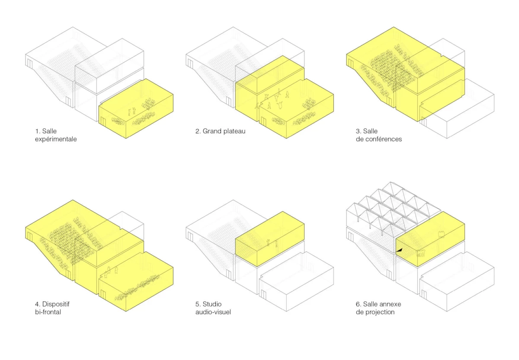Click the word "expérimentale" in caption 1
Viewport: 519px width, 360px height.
56,139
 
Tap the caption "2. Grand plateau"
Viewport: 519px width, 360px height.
220,131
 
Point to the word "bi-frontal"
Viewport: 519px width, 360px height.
48,312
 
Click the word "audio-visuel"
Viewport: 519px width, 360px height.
213,312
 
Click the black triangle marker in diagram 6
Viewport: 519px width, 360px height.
399,250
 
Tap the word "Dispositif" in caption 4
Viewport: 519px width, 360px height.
56,304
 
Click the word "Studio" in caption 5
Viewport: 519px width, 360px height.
212,304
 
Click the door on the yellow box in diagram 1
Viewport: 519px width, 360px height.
103,122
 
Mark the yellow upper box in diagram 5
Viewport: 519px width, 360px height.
270,239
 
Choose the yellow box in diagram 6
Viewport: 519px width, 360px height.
430,239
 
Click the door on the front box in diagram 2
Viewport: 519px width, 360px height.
263,122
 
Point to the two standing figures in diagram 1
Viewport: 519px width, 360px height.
131,111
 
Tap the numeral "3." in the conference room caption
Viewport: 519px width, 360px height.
359,131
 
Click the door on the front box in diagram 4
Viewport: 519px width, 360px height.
103,295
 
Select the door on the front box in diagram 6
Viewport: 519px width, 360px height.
424,295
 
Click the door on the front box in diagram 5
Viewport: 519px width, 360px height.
263,295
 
